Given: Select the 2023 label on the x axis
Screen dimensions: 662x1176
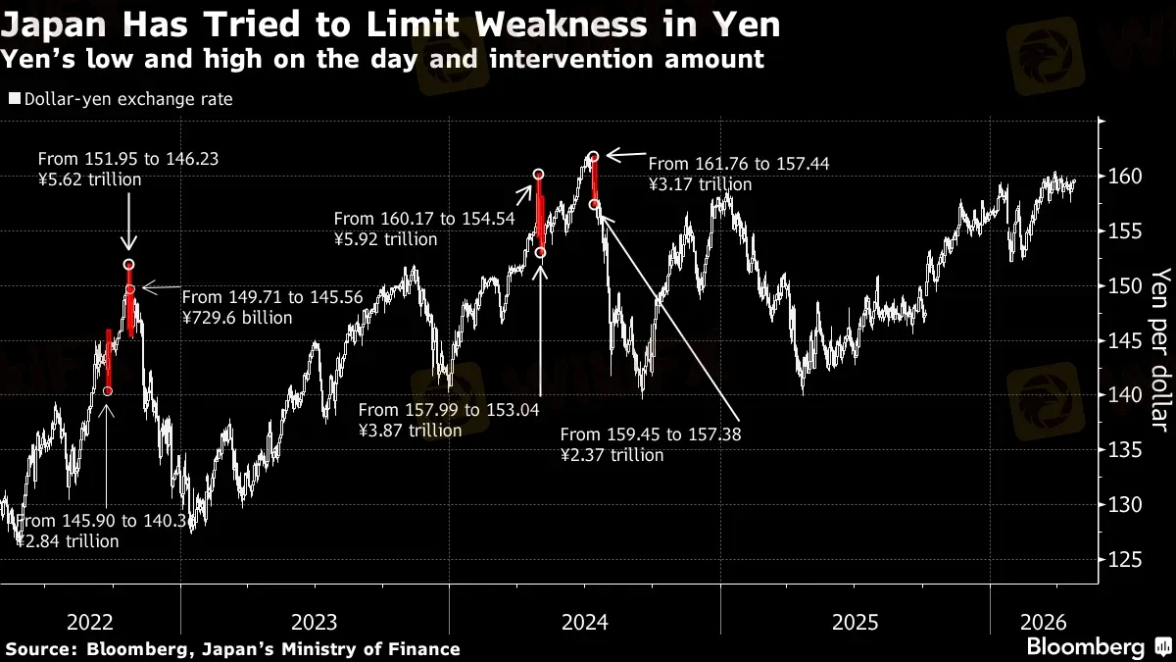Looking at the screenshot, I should coord(315,622).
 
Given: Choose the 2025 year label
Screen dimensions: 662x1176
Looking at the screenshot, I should coord(854,622).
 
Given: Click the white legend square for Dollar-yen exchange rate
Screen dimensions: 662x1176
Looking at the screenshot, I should coord(14,99).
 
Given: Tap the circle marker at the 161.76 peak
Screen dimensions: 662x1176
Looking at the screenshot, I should coord(594,156).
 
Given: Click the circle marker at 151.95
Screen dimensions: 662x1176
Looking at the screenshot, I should coord(129,265).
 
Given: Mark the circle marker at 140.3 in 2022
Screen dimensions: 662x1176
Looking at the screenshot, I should coord(108,391).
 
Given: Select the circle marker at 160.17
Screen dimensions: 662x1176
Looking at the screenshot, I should coord(539,175).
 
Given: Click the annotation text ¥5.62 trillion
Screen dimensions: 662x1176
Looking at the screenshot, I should coord(89,179).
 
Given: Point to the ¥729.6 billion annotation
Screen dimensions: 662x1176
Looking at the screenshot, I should coord(237,317).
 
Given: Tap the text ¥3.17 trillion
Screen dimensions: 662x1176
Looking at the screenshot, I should coord(700,184).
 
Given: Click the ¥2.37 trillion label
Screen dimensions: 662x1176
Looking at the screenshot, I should coord(612,455).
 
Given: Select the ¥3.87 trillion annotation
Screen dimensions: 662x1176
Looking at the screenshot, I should coord(410,430).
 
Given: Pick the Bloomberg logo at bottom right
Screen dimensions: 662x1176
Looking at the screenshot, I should coord(1085,647).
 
